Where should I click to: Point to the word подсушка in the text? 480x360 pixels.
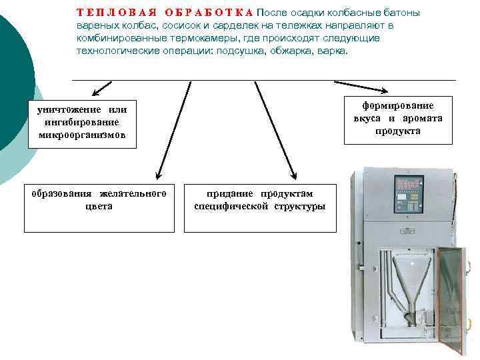pyautogui.click(x=239, y=51)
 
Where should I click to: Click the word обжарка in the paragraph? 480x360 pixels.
pyautogui.click(x=292, y=51)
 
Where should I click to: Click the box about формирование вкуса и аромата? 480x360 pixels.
pyautogui.click(x=398, y=119)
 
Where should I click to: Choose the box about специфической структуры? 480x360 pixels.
pyautogui.click(x=260, y=207)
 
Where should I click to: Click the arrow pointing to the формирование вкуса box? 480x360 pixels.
pyautogui.click(x=360, y=87)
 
